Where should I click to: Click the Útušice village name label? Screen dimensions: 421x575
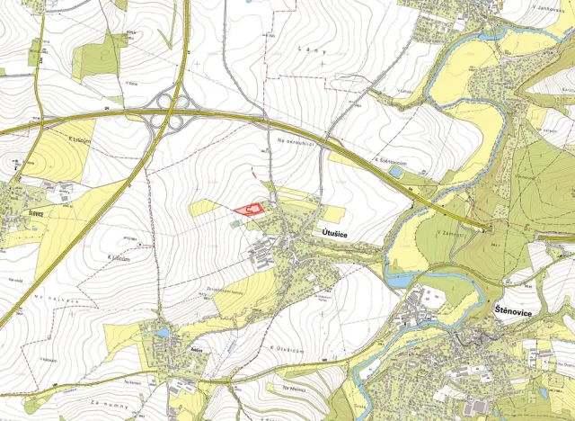pos(336,232)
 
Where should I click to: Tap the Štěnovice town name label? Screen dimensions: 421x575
pos(513,309)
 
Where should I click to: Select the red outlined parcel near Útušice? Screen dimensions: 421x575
pos(250,209)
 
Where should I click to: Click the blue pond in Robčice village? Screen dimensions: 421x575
pos(163,332)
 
